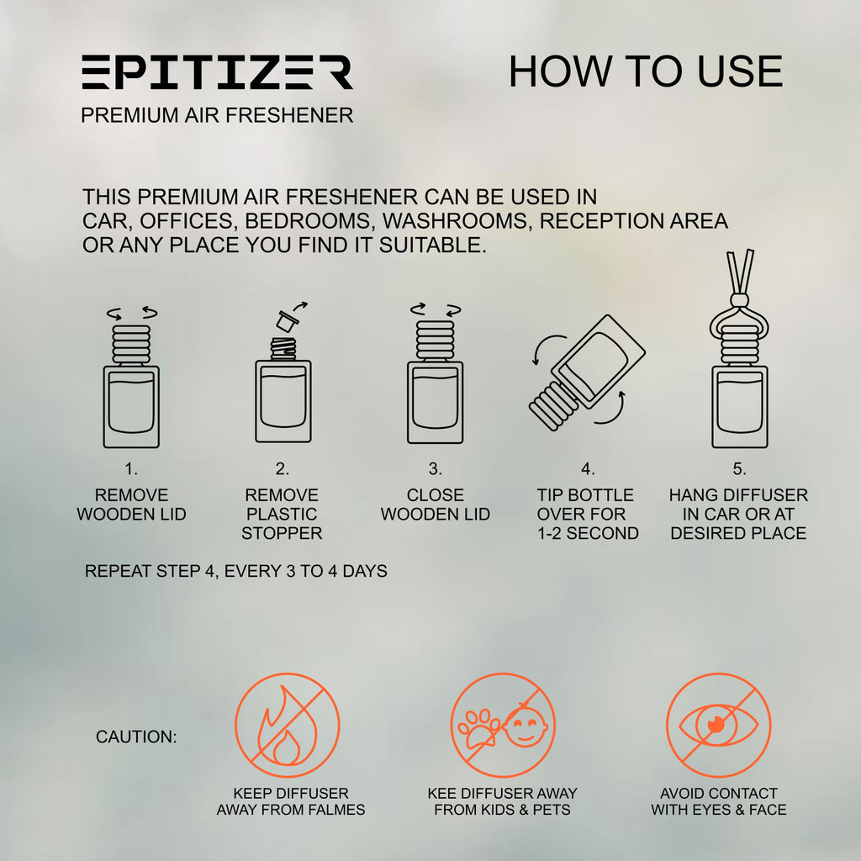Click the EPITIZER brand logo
218,72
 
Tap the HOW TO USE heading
646,71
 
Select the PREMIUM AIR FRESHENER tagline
217,115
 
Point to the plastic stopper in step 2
288,320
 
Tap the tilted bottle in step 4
587,372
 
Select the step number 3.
435,469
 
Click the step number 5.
739,469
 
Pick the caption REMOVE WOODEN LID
131,504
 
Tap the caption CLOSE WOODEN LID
436,504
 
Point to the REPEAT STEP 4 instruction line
236,571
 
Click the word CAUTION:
136,737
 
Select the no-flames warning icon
288,725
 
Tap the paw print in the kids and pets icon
478,728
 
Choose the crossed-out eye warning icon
718,725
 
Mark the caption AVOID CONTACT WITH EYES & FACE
719,801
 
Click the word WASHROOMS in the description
458,221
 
